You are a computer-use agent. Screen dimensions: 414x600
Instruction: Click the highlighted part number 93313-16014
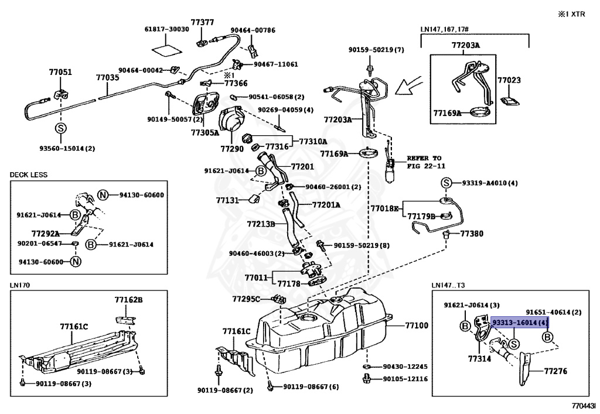click(520, 323)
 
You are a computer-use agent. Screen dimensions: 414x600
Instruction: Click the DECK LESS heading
click(29, 175)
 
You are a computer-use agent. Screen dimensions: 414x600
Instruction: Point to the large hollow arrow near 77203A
click(408, 87)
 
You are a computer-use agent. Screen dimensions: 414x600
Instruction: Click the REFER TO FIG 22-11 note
click(424, 162)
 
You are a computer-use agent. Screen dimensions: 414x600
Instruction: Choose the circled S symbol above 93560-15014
click(60, 128)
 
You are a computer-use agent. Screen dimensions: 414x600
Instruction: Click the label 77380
click(472, 233)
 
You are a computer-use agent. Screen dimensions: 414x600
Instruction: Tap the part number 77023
click(509, 80)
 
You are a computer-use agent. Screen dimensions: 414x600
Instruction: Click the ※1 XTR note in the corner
click(573, 12)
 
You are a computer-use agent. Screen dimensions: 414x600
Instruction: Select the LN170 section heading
click(20, 285)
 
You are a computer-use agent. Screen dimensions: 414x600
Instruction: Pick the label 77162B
click(128, 300)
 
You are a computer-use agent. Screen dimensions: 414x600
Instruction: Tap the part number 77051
click(60, 73)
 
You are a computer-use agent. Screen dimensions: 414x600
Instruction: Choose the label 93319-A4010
click(486, 183)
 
